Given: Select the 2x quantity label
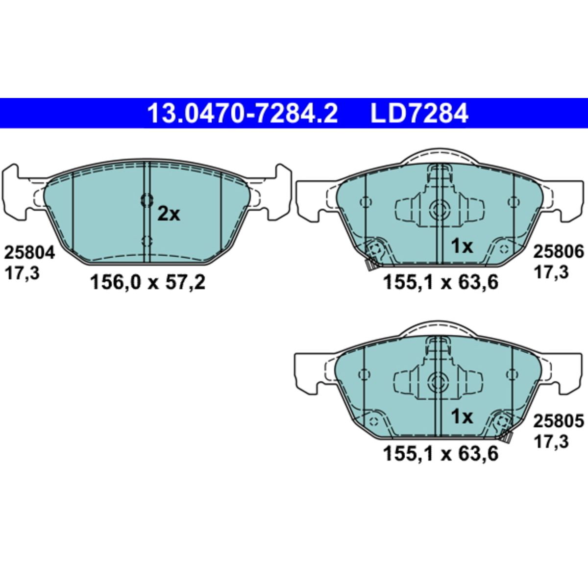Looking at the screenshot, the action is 169,214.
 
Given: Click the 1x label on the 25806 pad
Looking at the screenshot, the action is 462,246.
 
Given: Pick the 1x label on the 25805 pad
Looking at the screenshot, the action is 462,417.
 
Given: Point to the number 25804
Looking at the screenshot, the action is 29,253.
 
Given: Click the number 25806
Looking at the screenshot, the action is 559,252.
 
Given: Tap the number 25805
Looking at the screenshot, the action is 559,421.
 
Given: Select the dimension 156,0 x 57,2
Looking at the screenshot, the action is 147,282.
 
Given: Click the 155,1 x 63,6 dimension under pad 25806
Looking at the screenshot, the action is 441,282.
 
